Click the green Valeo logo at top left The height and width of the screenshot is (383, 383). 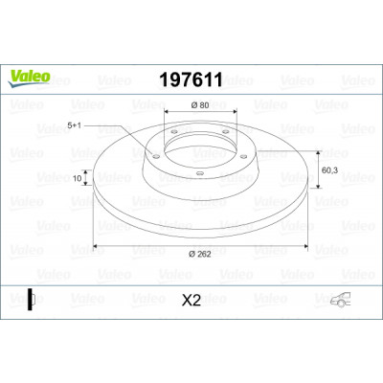[x=29, y=79]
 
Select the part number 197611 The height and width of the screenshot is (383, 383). [x=191, y=79]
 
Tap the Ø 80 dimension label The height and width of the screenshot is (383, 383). [x=200, y=105]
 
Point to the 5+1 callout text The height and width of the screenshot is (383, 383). [x=74, y=125]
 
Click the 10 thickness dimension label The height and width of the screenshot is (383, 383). [x=78, y=178]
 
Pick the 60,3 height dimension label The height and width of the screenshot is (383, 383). [x=329, y=170]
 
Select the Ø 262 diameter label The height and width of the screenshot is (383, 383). [x=200, y=254]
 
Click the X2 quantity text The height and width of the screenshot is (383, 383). [x=191, y=301]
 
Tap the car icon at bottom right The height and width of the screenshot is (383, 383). [x=340, y=300]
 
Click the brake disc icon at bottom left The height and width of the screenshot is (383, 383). [x=31, y=300]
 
